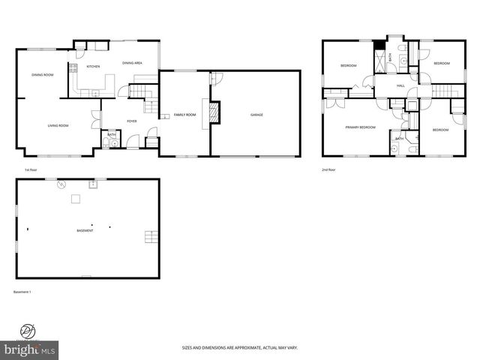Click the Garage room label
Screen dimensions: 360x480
click(x=256, y=115)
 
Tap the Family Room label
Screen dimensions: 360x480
click(x=184, y=115)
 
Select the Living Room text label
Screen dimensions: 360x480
click(x=58, y=125)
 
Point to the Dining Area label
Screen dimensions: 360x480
click(x=133, y=64)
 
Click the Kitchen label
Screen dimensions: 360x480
click(x=93, y=67)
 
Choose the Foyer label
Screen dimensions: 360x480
click(x=131, y=121)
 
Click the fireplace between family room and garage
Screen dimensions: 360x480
click(x=214, y=112)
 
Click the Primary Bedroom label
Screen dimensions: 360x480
click(x=360, y=127)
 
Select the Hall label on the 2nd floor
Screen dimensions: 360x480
click(x=400, y=86)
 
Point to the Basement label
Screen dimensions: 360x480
click(x=85, y=230)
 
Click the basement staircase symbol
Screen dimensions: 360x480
click(x=152, y=237)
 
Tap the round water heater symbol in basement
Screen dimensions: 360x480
click(x=63, y=184)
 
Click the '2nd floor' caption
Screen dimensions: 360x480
click(x=328, y=169)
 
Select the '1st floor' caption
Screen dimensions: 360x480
click(x=31, y=169)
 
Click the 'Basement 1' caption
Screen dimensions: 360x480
click(x=22, y=291)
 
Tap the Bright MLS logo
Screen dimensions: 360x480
click(x=29, y=349)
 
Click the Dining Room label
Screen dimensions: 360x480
click(x=42, y=75)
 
